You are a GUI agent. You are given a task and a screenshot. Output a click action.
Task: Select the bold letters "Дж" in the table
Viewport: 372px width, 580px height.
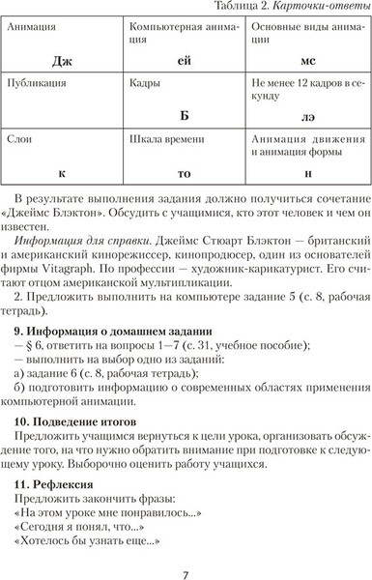click(64, 61)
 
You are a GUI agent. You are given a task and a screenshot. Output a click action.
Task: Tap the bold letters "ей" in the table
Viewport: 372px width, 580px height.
click(186, 61)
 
